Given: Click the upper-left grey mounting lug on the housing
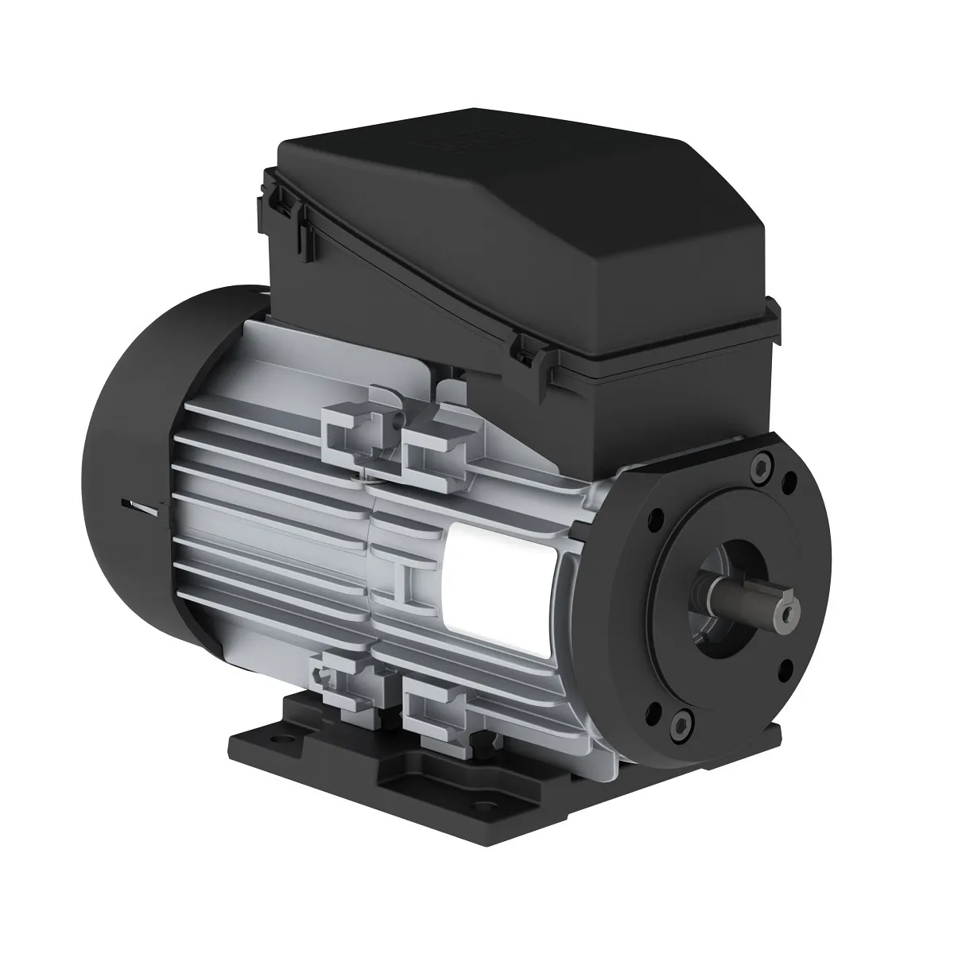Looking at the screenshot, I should coord(358,432).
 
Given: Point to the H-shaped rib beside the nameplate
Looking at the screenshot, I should coord(402,580).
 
